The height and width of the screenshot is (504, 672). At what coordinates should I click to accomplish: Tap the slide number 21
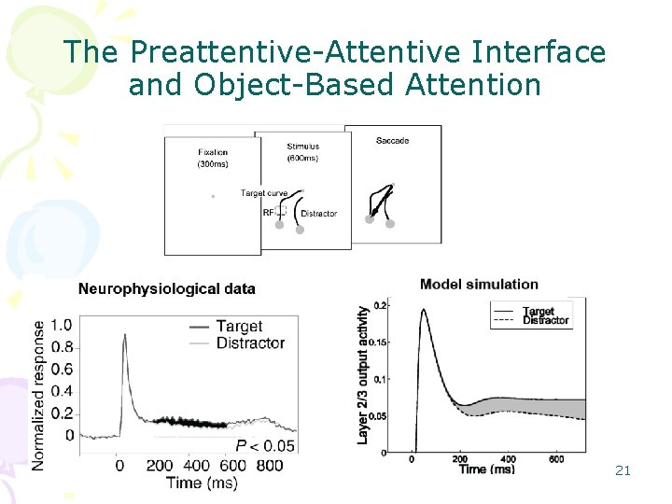623,470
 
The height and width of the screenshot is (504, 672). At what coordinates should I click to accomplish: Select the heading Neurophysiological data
166,288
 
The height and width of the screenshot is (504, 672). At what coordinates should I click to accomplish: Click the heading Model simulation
479,284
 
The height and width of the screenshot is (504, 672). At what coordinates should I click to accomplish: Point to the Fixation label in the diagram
213,152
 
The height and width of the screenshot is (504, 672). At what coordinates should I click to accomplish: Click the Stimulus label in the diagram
302,147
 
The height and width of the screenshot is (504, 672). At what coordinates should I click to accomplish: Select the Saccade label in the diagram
392,141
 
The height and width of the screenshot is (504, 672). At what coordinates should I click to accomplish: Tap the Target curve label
264,193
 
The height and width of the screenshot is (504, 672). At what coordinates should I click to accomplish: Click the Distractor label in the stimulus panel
318,214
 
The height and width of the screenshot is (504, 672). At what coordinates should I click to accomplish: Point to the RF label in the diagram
269,213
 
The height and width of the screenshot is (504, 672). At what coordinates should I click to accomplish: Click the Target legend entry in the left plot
239,327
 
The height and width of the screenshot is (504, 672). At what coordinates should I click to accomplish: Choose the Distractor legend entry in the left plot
250,343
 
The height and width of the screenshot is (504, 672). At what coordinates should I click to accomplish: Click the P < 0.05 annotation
265,445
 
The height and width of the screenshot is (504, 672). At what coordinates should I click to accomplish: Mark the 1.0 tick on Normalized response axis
61,326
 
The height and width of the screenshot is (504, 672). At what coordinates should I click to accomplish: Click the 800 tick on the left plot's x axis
269,465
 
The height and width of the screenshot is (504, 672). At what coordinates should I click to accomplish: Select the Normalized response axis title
38,395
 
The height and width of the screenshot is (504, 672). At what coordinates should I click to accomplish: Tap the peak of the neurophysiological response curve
124,337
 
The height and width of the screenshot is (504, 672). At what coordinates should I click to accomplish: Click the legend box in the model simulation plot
530,315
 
